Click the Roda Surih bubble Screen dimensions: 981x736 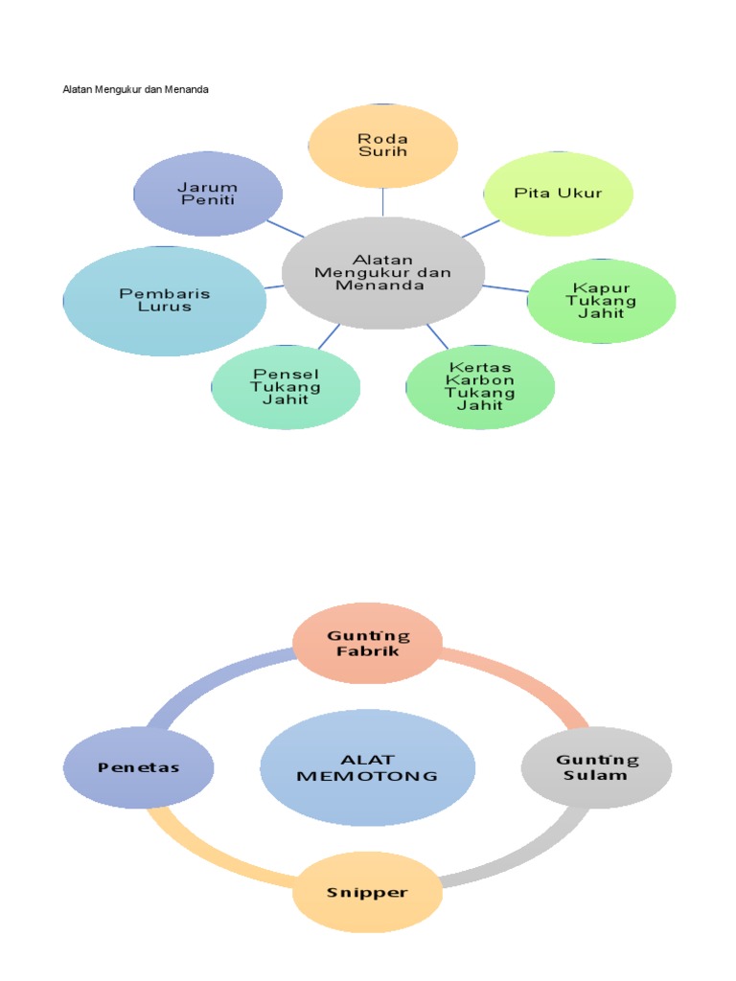(x=382, y=146)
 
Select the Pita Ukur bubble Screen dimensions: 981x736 (x=558, y=193)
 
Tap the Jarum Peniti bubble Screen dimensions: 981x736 (x=208, y=194)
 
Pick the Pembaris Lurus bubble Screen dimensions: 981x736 (x=164, y=301)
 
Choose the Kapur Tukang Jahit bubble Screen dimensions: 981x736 (x=602, y=301)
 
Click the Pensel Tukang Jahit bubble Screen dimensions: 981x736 (x=286, y=386)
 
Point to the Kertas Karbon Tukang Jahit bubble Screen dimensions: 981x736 (x=480, y=386)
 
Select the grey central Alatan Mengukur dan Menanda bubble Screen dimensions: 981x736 (x=383, y=272)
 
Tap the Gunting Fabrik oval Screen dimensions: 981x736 (x=367, y=643)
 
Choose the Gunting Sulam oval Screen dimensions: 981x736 (x=596, y=767)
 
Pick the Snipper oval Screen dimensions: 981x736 (x=367, y=892)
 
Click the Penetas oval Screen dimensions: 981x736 (x=138, y=767)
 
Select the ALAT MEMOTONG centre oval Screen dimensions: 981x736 (x=367, y=767)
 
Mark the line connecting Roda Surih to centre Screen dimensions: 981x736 (x=383, y=201)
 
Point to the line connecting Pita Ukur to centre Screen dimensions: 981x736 (x=480, y=228)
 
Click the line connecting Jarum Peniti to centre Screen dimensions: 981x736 (x=285, y=229)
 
